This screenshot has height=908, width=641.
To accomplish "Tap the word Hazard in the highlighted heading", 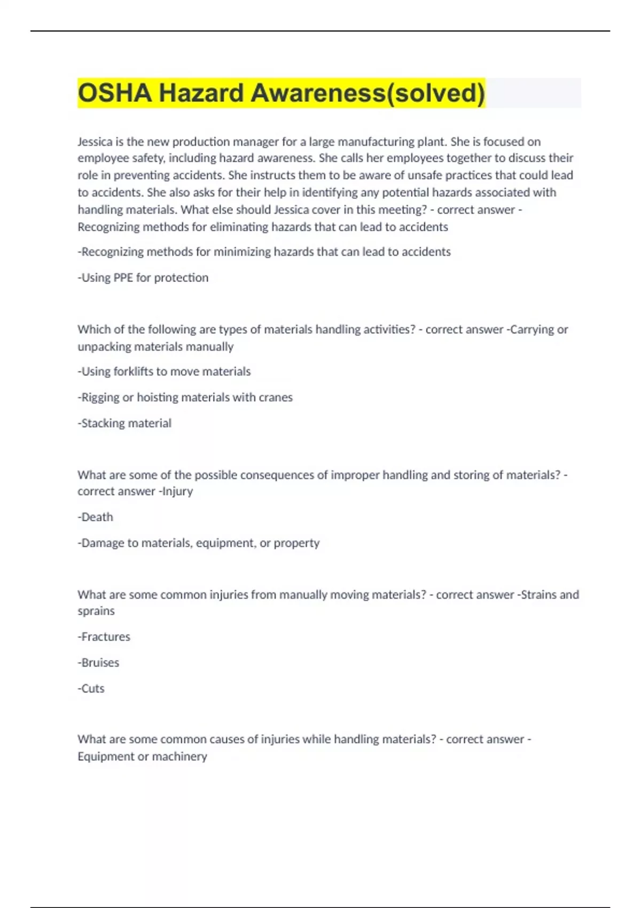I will coord(201,93).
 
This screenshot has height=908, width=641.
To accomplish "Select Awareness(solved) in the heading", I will coord(368,93).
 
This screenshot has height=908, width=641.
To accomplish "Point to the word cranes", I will coord(276,397).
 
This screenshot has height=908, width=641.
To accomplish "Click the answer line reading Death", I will coord(96,517).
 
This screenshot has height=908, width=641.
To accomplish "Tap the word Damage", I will coord(101,543).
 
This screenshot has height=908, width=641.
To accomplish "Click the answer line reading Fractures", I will coord(104,637).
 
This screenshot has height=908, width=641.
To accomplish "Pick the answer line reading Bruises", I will coord(99,663).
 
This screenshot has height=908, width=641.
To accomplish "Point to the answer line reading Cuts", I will coord(91,688).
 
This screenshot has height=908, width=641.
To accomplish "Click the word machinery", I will coord(179,756).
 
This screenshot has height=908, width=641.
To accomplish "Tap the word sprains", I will coord(96,611).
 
